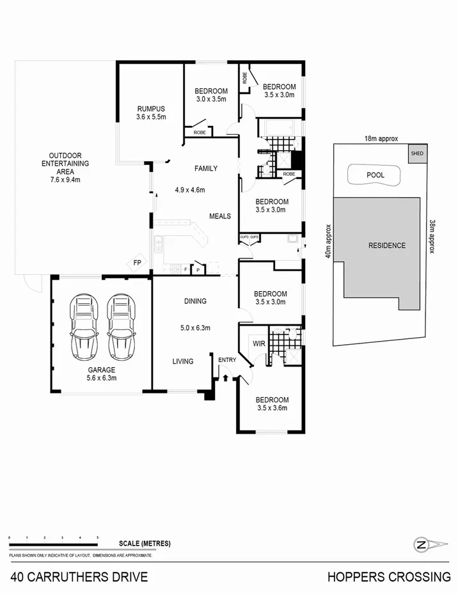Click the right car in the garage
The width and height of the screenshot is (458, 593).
click(121, 326)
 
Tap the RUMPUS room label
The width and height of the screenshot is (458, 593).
click(151, 113)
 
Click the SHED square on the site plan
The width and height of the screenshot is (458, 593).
click(416, 154)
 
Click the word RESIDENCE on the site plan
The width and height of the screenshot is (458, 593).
click(386, 246)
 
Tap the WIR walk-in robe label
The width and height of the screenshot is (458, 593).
click(259, 344)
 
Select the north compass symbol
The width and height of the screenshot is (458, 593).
click(422, 545)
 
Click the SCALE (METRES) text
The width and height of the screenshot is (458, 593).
click(145, 544)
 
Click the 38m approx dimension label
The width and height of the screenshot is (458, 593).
click(432, 237)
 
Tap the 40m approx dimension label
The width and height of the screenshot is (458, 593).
click(328, 241)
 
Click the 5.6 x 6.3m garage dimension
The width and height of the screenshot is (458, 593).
click(102, 378)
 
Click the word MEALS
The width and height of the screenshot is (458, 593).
click(220, 216)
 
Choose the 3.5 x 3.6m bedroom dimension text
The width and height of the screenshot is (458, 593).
click(272, 407)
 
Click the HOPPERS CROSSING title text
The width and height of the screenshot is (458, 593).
click(389, 577)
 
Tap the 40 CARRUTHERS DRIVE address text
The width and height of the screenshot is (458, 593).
click(79, 577)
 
